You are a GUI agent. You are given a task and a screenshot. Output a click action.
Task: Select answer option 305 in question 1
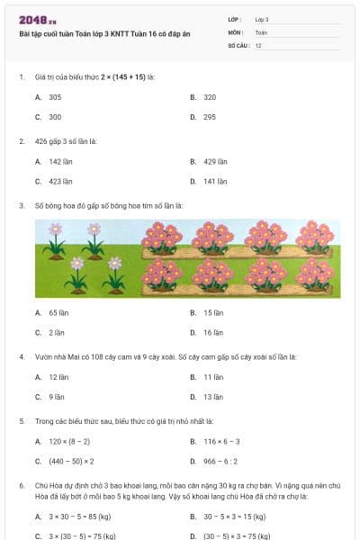point(55,96)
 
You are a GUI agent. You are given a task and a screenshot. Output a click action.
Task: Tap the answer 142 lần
point(60,161)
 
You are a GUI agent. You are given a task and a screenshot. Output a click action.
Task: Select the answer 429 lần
point(215,161)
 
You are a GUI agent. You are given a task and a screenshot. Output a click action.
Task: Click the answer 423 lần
point(60,181)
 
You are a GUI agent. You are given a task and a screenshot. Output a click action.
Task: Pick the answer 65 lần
point(58,312)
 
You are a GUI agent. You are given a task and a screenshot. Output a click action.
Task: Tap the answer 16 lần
point(212,332)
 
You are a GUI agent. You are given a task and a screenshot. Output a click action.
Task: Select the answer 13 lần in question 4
point(212,397)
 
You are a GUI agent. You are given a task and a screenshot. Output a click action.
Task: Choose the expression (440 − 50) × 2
point(72,462)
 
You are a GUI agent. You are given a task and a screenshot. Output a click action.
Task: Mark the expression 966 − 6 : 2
point(220,462)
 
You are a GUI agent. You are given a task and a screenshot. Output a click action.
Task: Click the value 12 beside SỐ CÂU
point(258,45)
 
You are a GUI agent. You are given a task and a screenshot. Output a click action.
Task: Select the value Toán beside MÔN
point(261,31)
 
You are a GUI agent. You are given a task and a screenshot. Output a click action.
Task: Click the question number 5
point(22,420)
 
